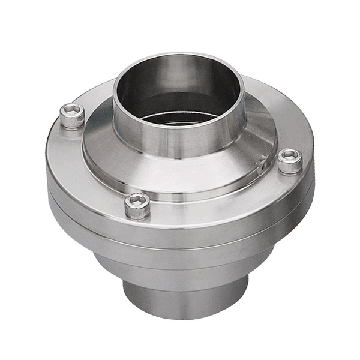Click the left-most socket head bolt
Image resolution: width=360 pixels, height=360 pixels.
coord(72,115)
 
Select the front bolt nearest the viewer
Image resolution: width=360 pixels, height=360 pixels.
coord(137,205)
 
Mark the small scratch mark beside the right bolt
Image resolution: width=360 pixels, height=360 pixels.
coord(263,161)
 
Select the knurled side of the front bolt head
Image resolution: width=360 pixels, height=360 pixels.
coord(137,211)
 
